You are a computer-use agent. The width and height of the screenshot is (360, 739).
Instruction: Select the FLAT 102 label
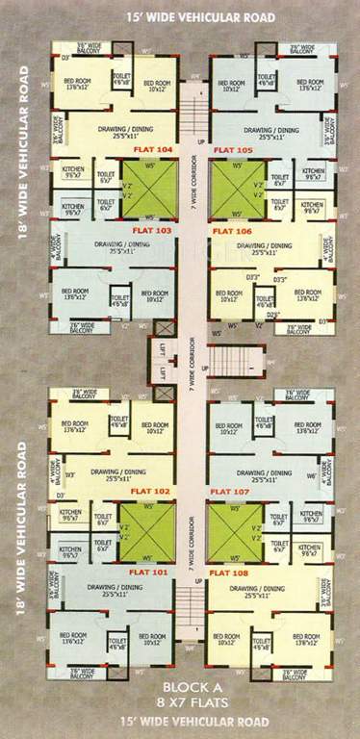tap(152, 491)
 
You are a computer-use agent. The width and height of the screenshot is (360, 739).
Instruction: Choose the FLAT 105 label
tap(232, 150)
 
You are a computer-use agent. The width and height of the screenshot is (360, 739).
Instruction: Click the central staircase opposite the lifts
tap(234, 361)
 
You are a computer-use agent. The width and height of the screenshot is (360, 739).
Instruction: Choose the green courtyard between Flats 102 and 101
tap(146, 531)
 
